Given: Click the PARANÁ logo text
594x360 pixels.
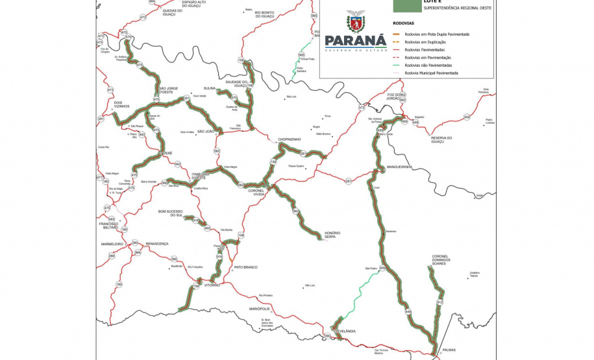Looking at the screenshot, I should [356, 42].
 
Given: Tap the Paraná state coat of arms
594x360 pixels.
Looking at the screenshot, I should [355, 21].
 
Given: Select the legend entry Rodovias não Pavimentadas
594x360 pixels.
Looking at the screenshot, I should [428, 66].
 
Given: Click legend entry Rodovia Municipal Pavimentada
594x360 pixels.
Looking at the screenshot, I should [431, 73].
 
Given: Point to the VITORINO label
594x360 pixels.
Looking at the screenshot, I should [212, 285].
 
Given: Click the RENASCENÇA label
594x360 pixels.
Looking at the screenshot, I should [157, 243].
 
